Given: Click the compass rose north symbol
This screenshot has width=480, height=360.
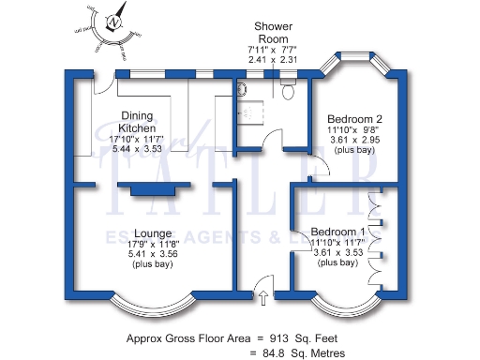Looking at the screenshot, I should [x=113, y=23].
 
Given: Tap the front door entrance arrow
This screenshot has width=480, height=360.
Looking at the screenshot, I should [x=263, y=297].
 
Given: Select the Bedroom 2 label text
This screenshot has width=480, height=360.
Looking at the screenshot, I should [x=354, y=119].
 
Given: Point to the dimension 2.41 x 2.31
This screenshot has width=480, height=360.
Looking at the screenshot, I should [x=273, y=60].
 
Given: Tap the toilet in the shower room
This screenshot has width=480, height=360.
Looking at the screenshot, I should [x=288, y=89].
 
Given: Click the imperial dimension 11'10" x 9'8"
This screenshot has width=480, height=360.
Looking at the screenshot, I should [x=354, y=130].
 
